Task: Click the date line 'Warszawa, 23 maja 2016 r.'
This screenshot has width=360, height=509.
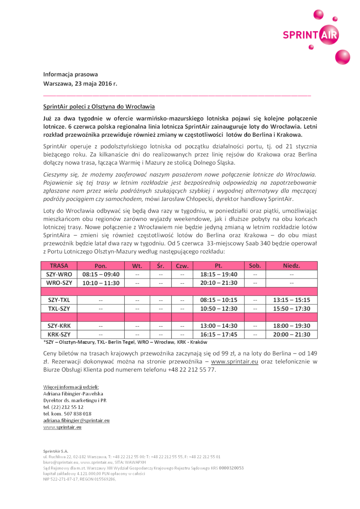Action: click(80, 84)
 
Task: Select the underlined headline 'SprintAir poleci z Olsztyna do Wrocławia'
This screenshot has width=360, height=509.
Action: click(99, 107)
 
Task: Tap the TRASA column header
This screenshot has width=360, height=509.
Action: click(59, 266)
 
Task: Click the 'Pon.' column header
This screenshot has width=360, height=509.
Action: click(100, 266)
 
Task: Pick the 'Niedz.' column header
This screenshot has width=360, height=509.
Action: click(291, 266)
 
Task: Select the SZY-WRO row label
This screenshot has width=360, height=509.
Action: click(59, 274)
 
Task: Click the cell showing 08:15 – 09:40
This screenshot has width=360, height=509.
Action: click(101, 274)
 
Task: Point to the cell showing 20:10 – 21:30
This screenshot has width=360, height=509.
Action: click(219, 283)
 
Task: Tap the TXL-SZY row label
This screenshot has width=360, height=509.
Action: click(59, 308)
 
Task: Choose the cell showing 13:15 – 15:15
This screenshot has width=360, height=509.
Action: click(291, 300)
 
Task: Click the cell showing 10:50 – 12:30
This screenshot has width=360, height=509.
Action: click(219, 308)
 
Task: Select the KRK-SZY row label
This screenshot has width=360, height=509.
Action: click(59, 334)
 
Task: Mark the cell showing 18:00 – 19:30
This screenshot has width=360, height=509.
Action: click(291, 326)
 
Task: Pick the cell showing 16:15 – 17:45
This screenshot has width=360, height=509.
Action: click(219, 334)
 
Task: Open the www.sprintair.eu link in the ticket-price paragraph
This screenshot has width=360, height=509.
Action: click(234, 362)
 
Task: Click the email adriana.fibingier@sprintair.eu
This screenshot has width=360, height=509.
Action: click(76, 420)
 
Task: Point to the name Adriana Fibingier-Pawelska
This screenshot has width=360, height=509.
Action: click(73, 394)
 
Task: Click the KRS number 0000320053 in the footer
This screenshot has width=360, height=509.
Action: click(231, 468)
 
